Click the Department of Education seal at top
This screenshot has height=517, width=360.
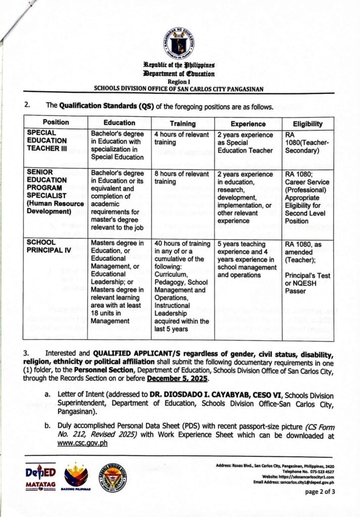point(179,43)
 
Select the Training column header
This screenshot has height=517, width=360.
point(182,123)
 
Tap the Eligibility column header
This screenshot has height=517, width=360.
point(307,123)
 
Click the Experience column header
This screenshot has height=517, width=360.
point(248,123)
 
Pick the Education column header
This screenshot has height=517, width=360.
point(119,123)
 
